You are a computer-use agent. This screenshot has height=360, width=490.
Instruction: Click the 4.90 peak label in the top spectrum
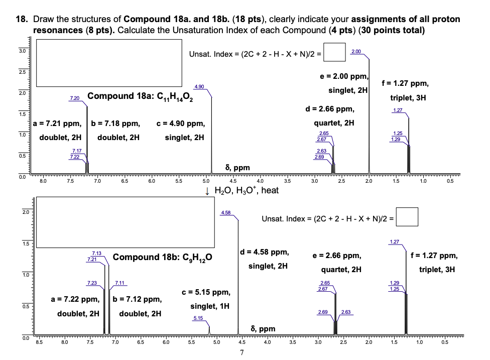(199, 87)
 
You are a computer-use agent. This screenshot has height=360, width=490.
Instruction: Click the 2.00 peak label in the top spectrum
(356, 52)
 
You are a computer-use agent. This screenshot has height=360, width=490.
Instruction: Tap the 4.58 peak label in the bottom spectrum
(226, 213)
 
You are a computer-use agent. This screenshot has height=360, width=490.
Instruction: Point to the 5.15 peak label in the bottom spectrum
(198, 318)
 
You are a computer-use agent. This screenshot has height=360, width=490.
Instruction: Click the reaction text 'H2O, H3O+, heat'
(246, 190)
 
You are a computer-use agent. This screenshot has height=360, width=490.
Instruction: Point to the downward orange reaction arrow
(208, 191)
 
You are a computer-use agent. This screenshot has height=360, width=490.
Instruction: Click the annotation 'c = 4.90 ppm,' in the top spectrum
(180, 123)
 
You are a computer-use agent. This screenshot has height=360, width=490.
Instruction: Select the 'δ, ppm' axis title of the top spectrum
(237, 167)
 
